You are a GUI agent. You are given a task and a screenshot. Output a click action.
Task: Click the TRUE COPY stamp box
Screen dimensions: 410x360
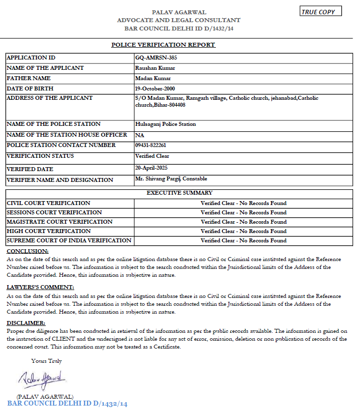tap(320, 12)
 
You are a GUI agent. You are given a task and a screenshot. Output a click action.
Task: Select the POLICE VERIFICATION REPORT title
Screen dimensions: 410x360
tap(163, 45)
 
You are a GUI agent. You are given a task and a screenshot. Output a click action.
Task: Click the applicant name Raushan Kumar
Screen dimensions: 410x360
tap(155, 68)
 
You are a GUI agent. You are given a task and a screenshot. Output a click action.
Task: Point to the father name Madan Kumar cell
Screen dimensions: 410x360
tap(152, 78)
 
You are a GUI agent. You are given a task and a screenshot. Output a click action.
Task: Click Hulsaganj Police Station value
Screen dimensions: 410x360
tap(165, 124)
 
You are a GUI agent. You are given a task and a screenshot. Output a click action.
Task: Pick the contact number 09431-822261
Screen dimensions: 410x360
tap(150, 146)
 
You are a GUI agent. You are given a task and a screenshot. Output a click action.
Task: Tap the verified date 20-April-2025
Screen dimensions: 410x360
tap(151, 168)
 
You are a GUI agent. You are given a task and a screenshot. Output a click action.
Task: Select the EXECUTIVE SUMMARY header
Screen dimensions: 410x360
tap(179, 193)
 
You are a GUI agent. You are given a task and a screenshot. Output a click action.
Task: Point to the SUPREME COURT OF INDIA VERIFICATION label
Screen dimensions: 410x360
tap(69, 240)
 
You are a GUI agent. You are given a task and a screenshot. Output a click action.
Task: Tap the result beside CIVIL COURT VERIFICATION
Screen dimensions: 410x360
tap(243, 203)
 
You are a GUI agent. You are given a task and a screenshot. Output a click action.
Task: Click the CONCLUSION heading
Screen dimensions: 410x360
tap(28, 251)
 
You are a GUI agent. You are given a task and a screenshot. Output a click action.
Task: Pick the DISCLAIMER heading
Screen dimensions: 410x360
tap(26, 323)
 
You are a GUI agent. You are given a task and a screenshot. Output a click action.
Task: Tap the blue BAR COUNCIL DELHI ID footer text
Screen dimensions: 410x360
tap(67, 404)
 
